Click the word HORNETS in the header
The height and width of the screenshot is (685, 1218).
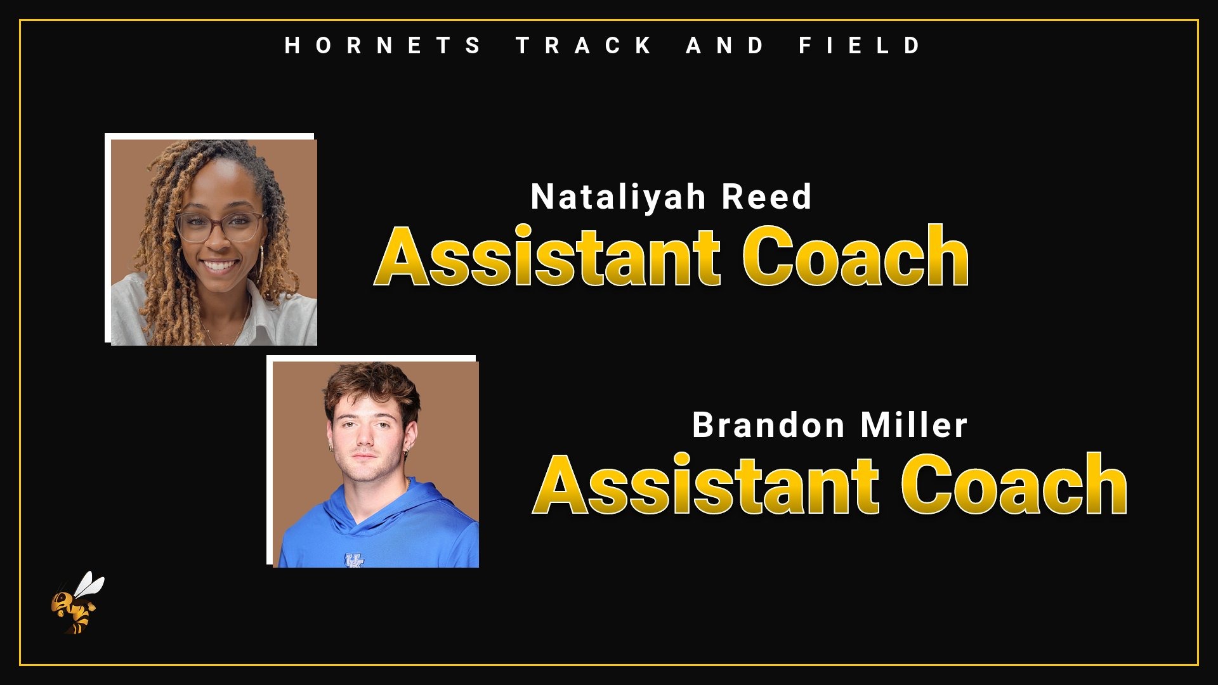click(x=383, y=46)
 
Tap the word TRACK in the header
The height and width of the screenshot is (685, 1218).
click(x=584, y=46)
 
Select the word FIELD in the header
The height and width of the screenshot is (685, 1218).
click(x=860, y=46)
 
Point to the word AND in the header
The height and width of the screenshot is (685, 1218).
click(x=725, y=46)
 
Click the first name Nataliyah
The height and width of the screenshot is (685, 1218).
click(x=618, y=197)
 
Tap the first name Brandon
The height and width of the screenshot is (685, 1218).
click(x=767, y=425)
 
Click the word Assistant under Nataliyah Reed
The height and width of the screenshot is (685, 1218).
click(x=547, y=258)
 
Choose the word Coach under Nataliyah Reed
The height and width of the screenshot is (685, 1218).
click(x=855, y=258)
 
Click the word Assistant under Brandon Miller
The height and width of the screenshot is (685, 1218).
click(x=706, y=486)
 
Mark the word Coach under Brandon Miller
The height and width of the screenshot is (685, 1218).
click(x=1014, y=486)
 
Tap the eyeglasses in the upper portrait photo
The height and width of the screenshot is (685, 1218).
click(x=221, y=226)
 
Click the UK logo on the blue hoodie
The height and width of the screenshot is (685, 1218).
click(x=354, y=561)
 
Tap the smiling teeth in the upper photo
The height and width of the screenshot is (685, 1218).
click(x=219, y=265)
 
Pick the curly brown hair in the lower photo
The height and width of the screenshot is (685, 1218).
click(x=371, y=384)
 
